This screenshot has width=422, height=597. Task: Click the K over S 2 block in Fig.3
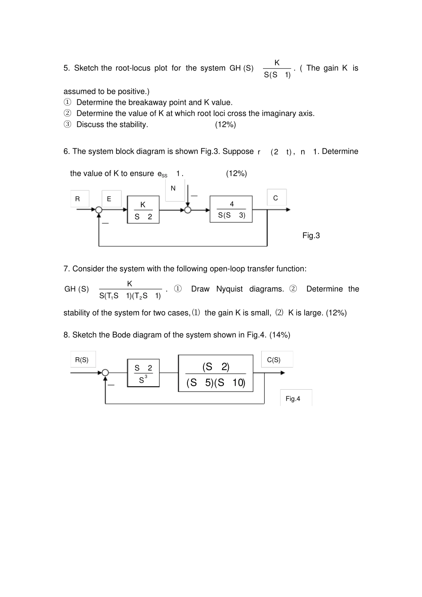click(143, 210)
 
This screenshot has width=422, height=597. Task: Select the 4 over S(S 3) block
click(231, 210)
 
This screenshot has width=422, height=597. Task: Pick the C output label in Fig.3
click(276, 198)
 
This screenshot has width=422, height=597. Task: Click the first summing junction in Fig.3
click(99, 210)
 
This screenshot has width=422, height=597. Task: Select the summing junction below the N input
click(187, 210)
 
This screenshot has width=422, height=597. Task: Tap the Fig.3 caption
click(311, 236)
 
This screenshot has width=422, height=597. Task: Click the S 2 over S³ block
click(143, 373)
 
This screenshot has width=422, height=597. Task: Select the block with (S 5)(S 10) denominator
click(215, 373)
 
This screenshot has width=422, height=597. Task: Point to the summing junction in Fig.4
click(105, 373)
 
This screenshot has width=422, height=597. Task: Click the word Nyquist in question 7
click(229, 289)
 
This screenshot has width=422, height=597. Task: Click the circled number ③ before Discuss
click(67, 125)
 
